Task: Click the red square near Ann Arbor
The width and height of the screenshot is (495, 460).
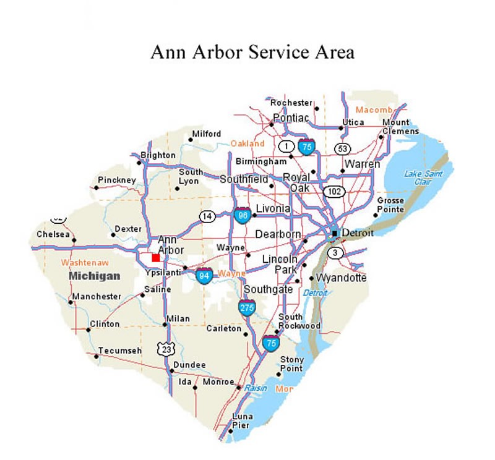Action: pyautogui.click(x=156, y=257)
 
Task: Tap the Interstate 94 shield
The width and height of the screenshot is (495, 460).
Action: pyautogui.click(x=204, y=275)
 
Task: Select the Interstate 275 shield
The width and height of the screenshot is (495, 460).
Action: pyautogui.click(x=247, y=307)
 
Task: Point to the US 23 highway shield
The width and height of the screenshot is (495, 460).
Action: pyautogui.click(x=165, y=349)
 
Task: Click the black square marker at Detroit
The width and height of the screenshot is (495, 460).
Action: pyautogui.click(x=334, y=234)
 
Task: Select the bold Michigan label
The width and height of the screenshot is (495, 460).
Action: pyautogui.click(x=93, y=275)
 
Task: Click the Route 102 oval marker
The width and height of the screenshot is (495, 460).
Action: pyautogui.click(x=335, y=191)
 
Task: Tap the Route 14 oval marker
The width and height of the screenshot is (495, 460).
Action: pyautogui.click(x=207, y=216)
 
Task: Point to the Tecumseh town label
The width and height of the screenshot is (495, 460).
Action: pyautogui.click(x=120, y=351)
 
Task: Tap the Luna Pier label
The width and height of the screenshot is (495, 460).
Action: pyautogui.click(x=243, y=420)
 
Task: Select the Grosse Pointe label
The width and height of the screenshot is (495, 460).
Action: pyautogui.click(x=390, y=205)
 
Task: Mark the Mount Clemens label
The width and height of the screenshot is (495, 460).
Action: pyautogui.click(x=396, y=127)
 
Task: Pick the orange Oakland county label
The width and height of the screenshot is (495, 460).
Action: pyautogui.click(x=247, y=143)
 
